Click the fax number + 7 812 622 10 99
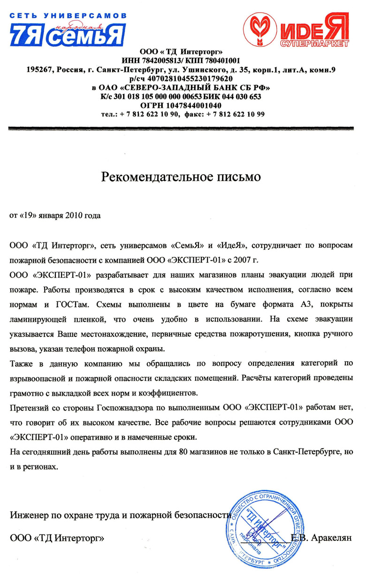tap(235, 114)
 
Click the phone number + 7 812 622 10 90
tap(149, 114)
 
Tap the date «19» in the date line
tap(27, 216)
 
